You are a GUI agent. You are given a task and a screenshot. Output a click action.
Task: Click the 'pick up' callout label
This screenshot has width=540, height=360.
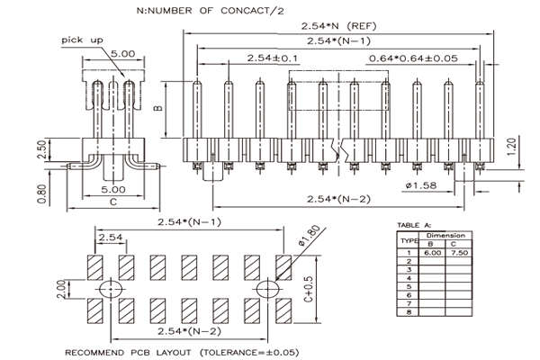tap(82, 40)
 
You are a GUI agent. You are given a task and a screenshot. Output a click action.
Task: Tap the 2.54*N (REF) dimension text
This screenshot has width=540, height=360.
tap(339, 26)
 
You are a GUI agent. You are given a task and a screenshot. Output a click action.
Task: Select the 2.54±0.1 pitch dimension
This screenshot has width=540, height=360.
tap(273, 58)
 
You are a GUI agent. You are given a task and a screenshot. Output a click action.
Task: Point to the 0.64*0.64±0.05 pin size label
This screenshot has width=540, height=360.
tap(413, 58)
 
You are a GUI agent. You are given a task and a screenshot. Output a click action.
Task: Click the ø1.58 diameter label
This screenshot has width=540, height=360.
tap(421, 185)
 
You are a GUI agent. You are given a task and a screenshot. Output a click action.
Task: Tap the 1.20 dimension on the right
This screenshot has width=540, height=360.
tap(512, 147)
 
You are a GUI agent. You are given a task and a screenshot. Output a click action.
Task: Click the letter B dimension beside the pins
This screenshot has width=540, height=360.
tap(157, 108)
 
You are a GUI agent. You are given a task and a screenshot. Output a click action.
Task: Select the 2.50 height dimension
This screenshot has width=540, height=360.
tap(41, 149)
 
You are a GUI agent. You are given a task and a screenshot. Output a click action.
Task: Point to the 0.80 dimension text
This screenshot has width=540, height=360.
tap(41, 194)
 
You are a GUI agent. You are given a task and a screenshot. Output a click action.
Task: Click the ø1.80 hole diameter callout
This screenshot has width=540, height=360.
tap(310, 236)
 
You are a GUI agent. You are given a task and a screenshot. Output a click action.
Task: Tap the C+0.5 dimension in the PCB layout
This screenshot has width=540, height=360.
tap(309, 289)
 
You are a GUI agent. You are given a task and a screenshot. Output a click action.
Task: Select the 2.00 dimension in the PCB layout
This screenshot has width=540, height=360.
tap(61, 289)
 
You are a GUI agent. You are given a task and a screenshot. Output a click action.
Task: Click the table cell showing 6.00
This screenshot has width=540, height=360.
tap(432, 253)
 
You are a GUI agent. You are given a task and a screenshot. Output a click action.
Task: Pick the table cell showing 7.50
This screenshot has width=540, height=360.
tap(459, 253)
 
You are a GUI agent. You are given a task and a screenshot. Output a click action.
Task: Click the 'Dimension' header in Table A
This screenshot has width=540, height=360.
tap(445, 236)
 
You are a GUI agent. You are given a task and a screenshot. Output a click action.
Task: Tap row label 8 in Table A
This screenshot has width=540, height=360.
tap(409, 312)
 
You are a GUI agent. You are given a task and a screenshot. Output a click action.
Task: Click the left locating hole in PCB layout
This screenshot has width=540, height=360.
tap(111, 289)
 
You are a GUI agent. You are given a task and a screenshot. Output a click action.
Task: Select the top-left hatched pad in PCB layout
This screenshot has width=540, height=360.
tap(95, 267)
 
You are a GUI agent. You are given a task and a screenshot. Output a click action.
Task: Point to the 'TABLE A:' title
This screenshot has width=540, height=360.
tap(414, 225)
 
